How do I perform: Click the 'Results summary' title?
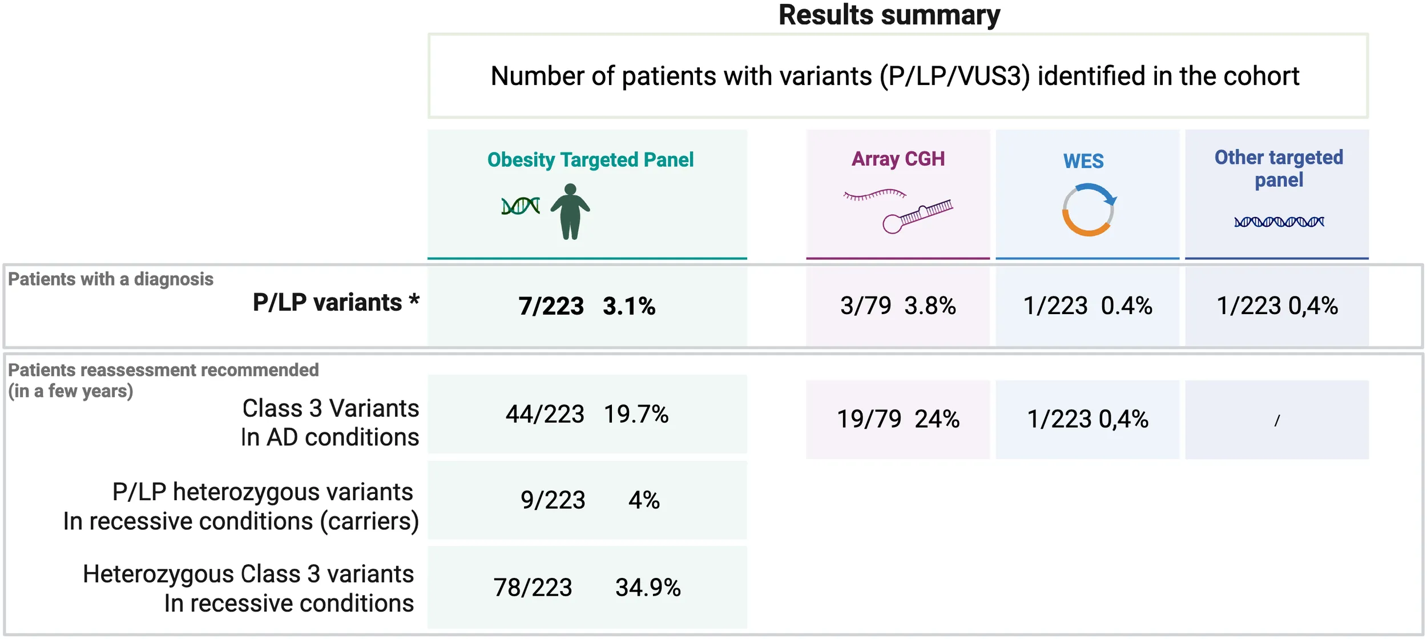[889, 15]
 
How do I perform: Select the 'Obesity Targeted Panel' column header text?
[590, 160]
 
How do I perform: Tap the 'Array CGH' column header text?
[898, 159]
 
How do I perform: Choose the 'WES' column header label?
[1083, 161]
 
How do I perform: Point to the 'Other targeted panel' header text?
[1279, 168]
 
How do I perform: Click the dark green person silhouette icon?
[570, 211]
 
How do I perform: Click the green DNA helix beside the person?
[520, 206]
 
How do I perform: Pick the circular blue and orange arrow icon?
[1089, 210]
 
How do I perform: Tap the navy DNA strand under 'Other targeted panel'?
[1279, 222]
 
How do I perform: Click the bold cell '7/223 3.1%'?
[587, 306]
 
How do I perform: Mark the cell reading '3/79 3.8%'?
[898, 306]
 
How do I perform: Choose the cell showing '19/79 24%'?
[898, 419]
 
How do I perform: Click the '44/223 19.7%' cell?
[587, 414]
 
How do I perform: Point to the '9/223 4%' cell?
[590, 500]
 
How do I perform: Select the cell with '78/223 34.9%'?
[587, 588]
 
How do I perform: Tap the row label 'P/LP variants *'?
[336, 303]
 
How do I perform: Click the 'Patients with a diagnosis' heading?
[110, 279]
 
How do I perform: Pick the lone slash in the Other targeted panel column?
[1277, 421]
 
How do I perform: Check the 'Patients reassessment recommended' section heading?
[163, 370]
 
